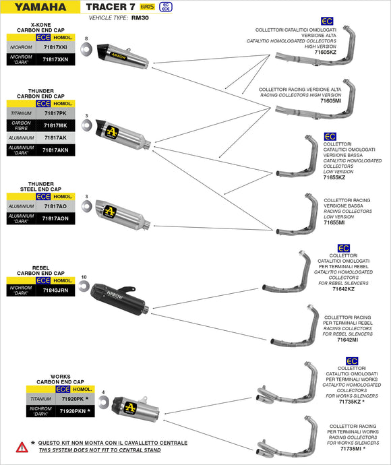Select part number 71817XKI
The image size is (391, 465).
55,48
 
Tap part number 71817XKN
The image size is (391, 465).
55,59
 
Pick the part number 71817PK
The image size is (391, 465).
55,113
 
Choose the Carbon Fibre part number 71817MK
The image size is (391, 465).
55,125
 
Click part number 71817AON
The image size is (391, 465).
55,218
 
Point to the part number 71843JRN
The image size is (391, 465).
55,290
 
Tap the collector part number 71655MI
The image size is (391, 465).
334,222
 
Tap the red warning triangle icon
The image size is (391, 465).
22,446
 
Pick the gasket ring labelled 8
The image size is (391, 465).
87,51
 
